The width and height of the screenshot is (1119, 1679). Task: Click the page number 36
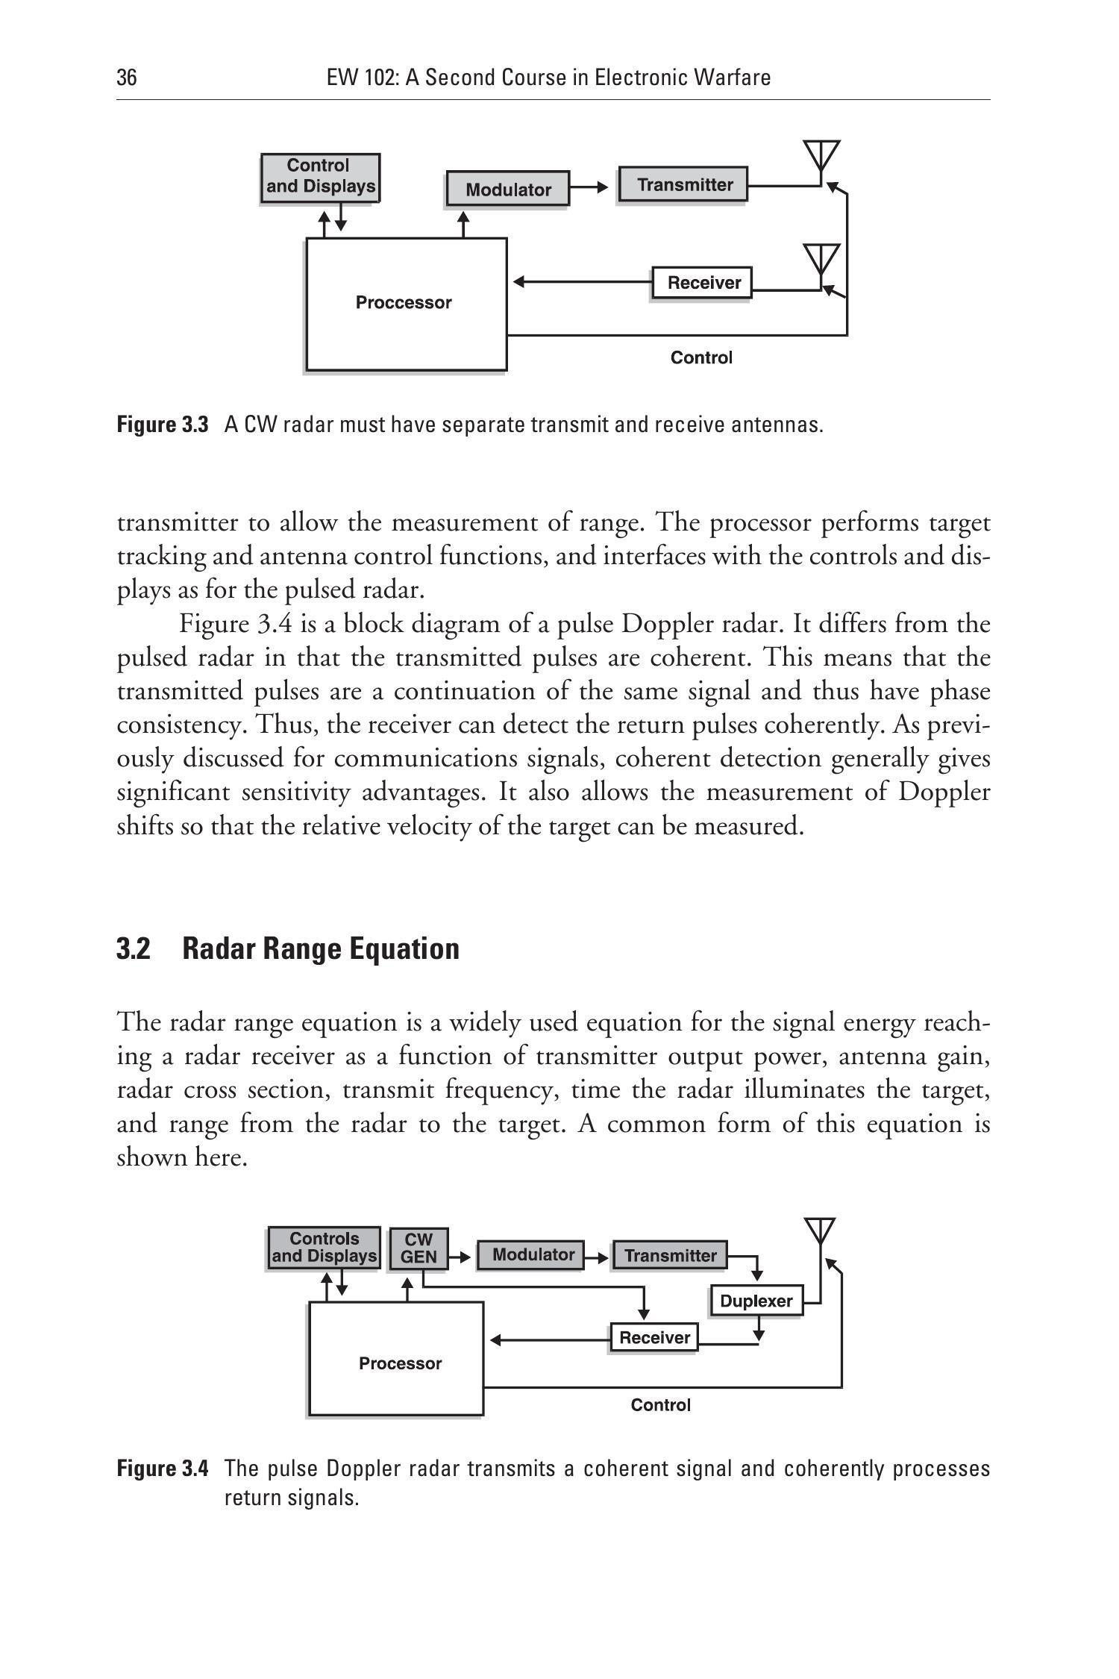pyautogui.click(x=127, y=78)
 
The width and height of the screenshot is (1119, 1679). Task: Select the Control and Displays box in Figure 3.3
pyautogui.click(x=320, y=177)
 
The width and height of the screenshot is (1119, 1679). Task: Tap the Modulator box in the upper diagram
pyautogui.click(x=507, y=189)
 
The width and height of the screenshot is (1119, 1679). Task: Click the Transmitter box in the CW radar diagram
pyautogui.click(x=683, y=184)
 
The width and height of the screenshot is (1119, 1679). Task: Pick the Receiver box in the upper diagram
pyautogui.click(x=703, y=283)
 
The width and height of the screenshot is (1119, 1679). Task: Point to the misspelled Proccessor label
pyautogui.click(x=404, y=302)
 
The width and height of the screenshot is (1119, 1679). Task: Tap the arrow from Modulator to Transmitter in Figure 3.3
pyautogui.click(x=594, y=187)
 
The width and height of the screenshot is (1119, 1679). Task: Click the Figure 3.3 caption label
pyautogui.click(x=163, y=425)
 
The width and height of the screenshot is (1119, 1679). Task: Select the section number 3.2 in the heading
pyautogui.click(x=134, y=949)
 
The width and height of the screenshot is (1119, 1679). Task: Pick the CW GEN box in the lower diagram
pyautogui.click(x=419, y=1248)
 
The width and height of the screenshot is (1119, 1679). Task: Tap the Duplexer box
pyautogui.click(x=756, y=1301)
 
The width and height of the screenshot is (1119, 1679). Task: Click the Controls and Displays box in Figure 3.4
pyautogui.click(x=324, y=1248)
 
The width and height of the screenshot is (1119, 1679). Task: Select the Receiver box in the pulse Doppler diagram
pyautogui.click(x=654, y=1337)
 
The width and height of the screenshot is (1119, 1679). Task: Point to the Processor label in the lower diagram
pyautogui.click(x=400, y=1363)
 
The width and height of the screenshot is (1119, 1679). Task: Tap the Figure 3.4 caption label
pyautogui.click(x=163, y=1469)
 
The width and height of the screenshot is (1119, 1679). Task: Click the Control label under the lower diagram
pyautogui.click(x=661, y=1405)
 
